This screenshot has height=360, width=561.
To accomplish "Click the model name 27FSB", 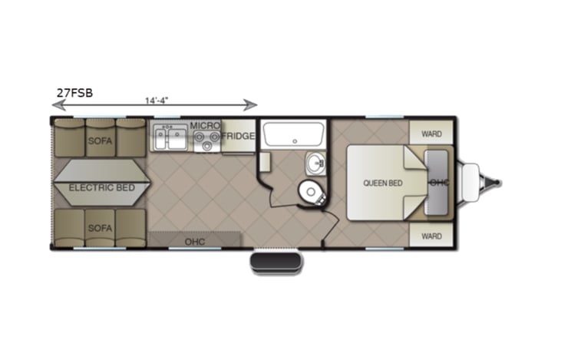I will tap(74, 93).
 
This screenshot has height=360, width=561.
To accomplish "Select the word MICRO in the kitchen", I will tap(205, 125).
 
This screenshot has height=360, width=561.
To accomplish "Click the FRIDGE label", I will tap(238, 136).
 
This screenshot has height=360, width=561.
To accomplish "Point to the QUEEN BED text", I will tap(383, 183).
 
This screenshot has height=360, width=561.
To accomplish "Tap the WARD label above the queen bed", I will tap(431, 133).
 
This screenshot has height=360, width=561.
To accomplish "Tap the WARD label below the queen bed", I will tap(431, 236).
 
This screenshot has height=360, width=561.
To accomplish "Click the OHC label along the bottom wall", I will tap(194, 241).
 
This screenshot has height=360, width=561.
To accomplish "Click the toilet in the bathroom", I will tap(310, 191).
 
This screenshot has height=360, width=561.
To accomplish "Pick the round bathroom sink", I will tap(316, 163).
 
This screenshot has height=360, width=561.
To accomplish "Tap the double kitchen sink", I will tap(169, 139).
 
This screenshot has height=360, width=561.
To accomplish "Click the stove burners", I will tap(204, 140).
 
